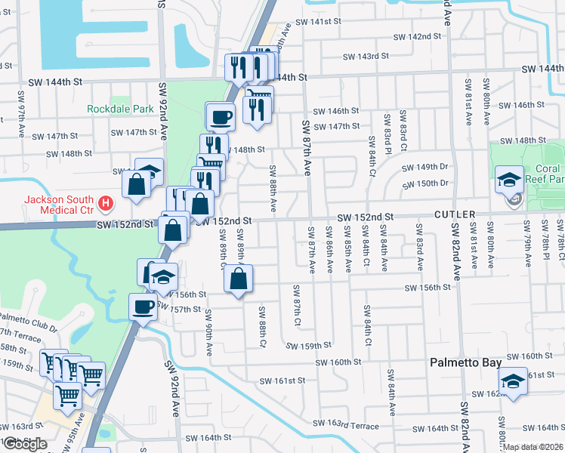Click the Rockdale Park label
click(x=120, y=109)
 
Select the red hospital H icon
click(x=107, y=203)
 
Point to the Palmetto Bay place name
click(x=465, y=362)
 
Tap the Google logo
click(x=24, y=444)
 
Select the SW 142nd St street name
click(x=418, y=36)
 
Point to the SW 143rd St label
click(x=366, y=56)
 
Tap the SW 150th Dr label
click(x=425, y=183)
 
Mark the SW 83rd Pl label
click(x=387, y=131)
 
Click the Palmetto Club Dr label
click(x=28, y=322)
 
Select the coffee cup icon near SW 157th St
click(x=143, y=307)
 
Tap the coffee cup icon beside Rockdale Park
click(x=221, y=116)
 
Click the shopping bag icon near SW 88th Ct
click(x=238, y=279)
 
